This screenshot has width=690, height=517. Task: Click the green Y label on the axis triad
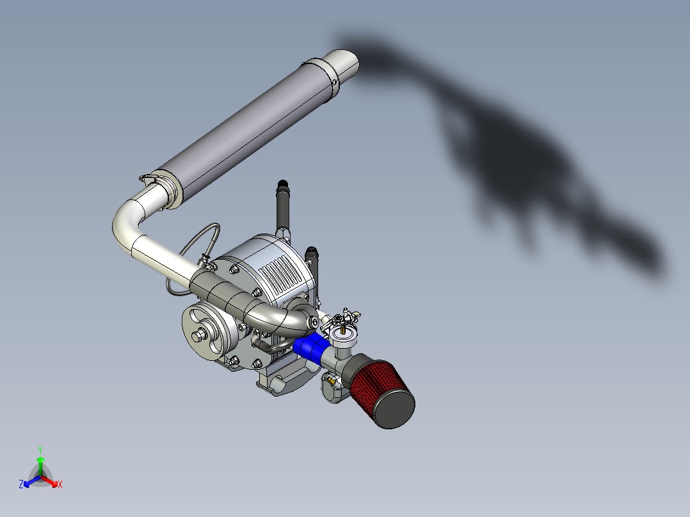point(40,450)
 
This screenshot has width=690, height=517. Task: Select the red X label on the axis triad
point(60,485)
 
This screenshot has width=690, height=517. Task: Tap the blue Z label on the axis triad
point(21,485)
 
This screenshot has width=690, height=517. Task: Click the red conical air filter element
point(378,385)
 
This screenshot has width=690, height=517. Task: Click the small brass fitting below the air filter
point(331,383)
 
